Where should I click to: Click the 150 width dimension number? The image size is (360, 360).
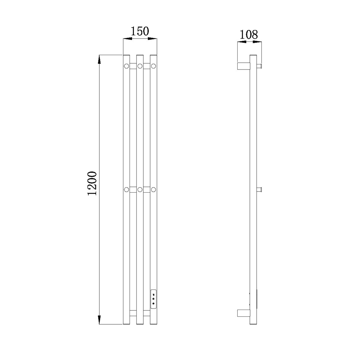(140, 31)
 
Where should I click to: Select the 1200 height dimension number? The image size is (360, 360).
(92, 183)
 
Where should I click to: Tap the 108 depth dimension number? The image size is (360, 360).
(249, 35)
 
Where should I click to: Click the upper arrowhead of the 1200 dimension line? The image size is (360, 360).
(99, 59)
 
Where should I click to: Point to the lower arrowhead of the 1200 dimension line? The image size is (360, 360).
(99, 320)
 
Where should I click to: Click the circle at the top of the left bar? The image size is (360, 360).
(126, 66)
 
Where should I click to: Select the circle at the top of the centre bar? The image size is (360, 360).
(140, 66)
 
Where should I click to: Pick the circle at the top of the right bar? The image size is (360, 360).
(154, 66)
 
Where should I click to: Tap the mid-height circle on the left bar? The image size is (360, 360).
(126, 190)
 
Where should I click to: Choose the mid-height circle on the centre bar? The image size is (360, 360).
(140, 190)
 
